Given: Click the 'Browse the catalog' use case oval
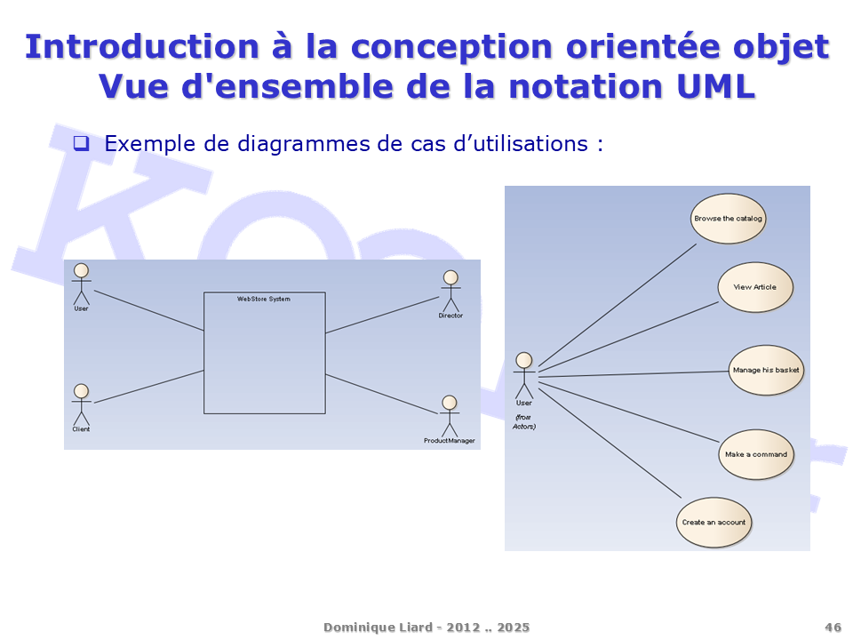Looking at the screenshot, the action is (x=728, y=219).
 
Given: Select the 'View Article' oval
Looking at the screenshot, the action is (x=755, y=287).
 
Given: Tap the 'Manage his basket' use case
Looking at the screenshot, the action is (x=766, y=370).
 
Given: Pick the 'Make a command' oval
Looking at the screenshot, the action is (x=756, y=454).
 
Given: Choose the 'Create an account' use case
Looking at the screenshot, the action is (x=713, y=522).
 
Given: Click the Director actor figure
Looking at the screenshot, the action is (x=450, y=292).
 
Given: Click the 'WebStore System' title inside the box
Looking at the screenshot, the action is (x=264, y=299).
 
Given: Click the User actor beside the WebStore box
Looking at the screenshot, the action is (x=81, y=284).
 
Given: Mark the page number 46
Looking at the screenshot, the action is (x=833, y=627).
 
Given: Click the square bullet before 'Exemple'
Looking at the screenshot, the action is (x=81, y=143).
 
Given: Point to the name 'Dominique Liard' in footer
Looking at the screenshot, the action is (x=379, y=627).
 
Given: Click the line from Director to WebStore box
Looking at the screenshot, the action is (x=382, y=315).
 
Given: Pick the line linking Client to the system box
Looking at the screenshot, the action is (x=148, y=387).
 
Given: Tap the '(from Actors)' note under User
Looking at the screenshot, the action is (x=524, y=421).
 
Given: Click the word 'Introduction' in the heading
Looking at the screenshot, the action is (x=142, y=46).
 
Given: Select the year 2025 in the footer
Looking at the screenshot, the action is (x=513, y=627).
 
